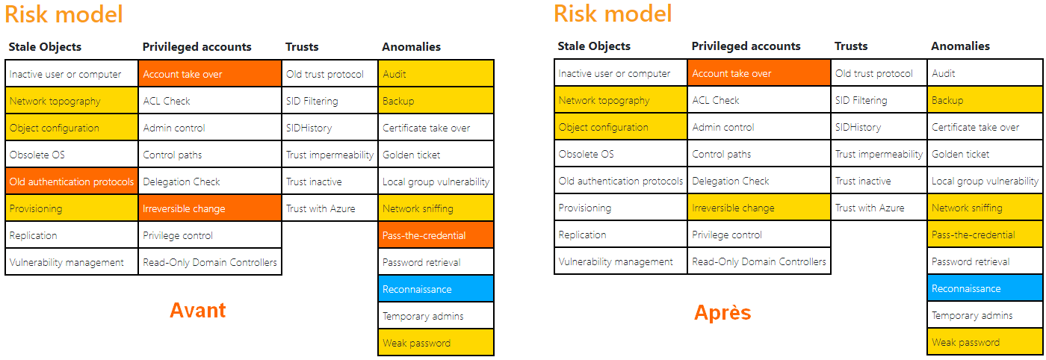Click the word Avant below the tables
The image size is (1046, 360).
point(197,311)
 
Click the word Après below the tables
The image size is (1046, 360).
point(722,312)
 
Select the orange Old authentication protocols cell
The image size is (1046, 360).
point(72,181)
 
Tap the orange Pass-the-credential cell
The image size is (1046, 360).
point(436,235)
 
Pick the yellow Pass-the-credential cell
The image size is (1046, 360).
point(985,235)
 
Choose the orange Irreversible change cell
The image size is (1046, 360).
point(210,208)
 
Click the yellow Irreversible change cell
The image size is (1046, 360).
point(759,208)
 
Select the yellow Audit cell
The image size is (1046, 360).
point(436,74)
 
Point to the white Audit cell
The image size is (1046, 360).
point(985,73)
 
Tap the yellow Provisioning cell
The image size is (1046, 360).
point(72,208)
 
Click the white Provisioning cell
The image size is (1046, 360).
point(621,208)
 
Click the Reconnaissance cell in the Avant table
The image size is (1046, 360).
point(436,289)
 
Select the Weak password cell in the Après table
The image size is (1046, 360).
point(985,342)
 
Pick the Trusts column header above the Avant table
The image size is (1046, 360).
point(302,47)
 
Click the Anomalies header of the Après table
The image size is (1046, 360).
point(960,46)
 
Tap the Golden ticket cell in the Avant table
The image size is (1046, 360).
point(436,155)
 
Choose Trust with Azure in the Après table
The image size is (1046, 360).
point(879,208)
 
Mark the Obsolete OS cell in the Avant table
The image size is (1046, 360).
point(72,155)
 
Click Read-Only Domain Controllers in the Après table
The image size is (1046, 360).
point(759,261)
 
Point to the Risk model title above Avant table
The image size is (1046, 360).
point(64,14)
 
